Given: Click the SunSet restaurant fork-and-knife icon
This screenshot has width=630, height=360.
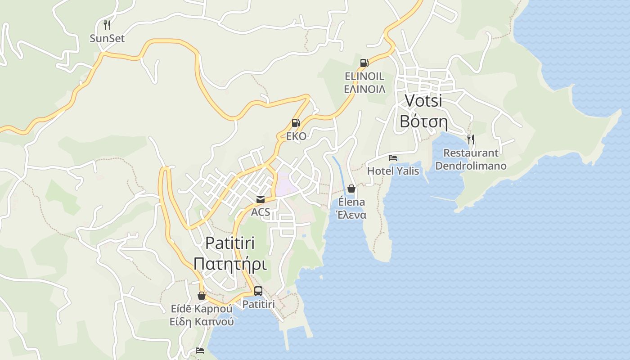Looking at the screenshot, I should point(107,25).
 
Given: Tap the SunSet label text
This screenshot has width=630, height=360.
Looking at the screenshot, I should point(107,39).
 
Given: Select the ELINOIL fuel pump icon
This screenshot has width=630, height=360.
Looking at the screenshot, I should point(364,63).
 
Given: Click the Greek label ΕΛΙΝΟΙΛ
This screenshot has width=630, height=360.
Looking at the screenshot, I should point(364,89).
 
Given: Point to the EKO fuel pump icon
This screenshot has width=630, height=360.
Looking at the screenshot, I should point(296,123).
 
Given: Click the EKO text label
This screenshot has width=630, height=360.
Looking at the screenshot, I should point(296,136).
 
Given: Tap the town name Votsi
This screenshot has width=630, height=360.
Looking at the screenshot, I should point(423,100).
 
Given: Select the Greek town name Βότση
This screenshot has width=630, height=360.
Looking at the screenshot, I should point(423,121).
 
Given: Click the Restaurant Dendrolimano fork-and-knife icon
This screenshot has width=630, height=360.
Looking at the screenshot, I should point(471,139).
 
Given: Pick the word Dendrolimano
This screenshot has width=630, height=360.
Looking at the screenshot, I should point(471,166).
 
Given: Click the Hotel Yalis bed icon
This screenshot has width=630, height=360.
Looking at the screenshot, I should point(393,158).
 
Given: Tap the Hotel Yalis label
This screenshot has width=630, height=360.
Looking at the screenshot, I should point(393,171).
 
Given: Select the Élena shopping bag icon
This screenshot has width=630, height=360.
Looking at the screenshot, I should point(351,189).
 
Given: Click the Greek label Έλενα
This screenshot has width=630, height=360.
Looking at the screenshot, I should point(351,215).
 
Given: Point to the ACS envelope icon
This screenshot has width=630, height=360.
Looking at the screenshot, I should point(261,199).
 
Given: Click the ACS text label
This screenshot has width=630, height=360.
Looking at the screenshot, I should point(261,212).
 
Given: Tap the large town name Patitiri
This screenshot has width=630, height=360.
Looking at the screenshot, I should point(230,243).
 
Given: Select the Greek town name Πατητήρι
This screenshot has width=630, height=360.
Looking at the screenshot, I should point(230,264).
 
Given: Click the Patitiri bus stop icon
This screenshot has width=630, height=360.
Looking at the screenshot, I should point(258,291).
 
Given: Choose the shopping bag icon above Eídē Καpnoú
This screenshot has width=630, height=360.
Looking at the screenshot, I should point(202,296).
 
